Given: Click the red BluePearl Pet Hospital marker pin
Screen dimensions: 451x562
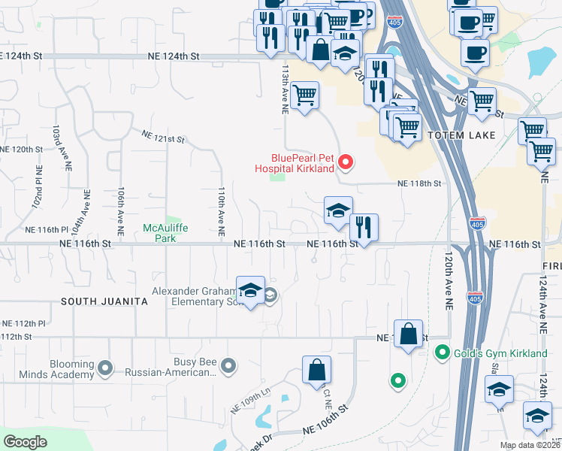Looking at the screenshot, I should (346, 162).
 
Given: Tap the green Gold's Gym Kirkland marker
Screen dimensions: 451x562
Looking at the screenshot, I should (443, 352).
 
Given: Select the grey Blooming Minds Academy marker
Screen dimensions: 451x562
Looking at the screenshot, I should (105, 368).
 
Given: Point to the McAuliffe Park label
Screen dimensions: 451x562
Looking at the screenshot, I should (159, 233).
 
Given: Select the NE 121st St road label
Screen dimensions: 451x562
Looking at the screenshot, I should (163, 136).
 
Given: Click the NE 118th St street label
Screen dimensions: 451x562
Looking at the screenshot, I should (418, 183).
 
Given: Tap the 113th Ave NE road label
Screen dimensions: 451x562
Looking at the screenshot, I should (285, 88).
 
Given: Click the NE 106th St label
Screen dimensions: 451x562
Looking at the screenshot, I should (326, 429).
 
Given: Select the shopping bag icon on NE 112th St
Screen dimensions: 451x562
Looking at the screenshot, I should (407, 335).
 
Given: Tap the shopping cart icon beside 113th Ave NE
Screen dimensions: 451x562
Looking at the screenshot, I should (304, 97).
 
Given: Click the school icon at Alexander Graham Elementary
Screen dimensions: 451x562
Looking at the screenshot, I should (250, 292).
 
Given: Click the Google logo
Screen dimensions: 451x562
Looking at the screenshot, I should (26, 441).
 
